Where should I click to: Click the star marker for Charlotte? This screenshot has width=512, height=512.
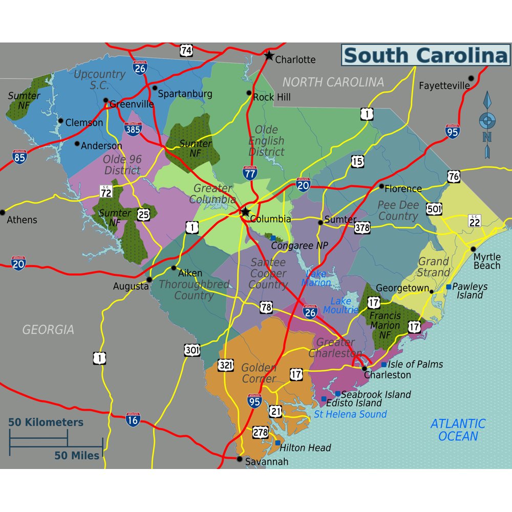(x=269, y=55)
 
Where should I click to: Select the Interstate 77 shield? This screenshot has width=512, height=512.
(x=250, y=173)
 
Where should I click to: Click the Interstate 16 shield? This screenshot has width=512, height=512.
(x=133, y=419)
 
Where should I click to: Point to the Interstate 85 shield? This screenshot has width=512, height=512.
(x=19, y=157)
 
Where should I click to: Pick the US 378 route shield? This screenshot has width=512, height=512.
(x=362, y=227)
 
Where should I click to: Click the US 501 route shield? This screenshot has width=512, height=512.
(x=434, y=209)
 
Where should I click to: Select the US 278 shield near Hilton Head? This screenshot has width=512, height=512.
(x=260, y=433)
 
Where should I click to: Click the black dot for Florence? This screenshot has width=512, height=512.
(x=381, y=186)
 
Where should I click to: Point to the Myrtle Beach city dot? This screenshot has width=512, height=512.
(x=473, y=249)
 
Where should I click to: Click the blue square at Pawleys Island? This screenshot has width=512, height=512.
(x=449, y=287)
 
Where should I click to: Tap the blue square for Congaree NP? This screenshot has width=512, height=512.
(x=273, y=238)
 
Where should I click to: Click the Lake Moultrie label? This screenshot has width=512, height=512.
(x=340, y=305)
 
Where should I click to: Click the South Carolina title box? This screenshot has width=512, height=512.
(x=425, y=55)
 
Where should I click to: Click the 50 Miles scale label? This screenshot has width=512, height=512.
(x=77, y=455)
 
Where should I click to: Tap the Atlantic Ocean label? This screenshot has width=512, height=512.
(x=457, y=430)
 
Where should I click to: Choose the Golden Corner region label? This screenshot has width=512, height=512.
(x=259, y=373)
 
